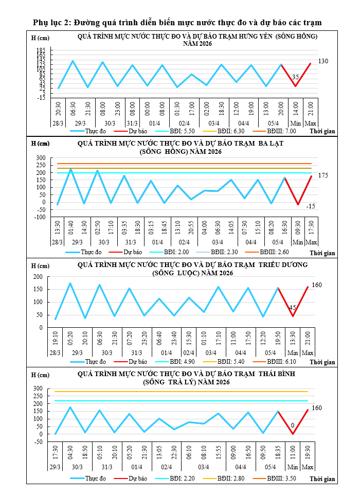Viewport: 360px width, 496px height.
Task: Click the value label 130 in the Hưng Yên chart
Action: [x=323, y=61]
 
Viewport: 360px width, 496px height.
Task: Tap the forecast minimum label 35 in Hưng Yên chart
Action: [x=295, y=77]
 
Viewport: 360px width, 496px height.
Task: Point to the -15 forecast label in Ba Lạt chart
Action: [x=311, y=206]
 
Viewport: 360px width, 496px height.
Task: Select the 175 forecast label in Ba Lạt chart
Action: [x=323, y=175]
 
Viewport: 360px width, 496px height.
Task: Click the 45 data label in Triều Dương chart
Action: [x=293, y=308]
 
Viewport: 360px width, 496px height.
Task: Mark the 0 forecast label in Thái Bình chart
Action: [x=293, y=426]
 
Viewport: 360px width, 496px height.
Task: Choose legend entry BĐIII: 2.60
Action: [x=274, y=252]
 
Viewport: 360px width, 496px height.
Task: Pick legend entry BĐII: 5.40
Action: [x=231, y=362]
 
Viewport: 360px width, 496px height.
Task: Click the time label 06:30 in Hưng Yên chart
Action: [x=73, y=109]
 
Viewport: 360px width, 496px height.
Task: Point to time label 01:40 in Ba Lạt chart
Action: [x=71, y=227]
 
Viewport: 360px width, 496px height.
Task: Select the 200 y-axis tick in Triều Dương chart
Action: [x=38, y=277]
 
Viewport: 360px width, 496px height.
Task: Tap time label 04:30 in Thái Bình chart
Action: [x=70, y=452]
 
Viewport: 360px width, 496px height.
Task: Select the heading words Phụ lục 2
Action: [x=52, y=23]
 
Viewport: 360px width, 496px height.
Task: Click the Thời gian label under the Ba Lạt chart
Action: [x=322, y=253]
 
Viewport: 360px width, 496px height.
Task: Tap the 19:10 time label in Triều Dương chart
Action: [x=55, y=338]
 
